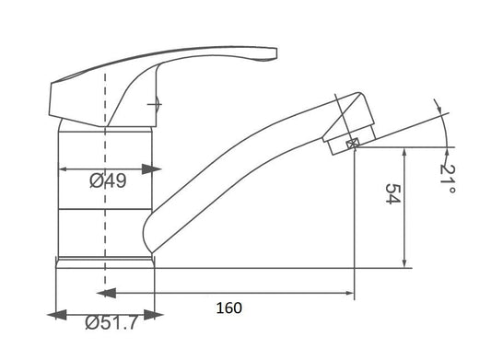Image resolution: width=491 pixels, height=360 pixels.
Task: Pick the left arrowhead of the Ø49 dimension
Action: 65,169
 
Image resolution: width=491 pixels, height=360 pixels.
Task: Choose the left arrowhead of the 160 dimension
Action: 103,294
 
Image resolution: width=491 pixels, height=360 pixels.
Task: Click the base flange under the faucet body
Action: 103,261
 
